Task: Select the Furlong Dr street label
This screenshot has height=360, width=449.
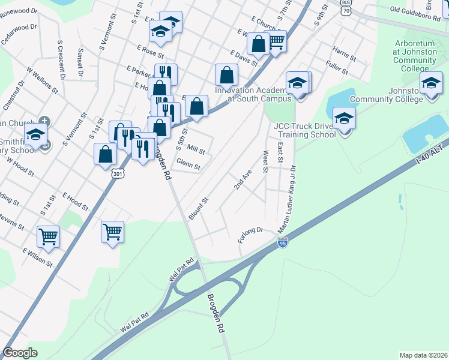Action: click(251, 233)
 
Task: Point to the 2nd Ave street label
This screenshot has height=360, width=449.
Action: click(243, 178)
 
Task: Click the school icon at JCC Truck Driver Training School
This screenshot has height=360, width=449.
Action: click(344, 118)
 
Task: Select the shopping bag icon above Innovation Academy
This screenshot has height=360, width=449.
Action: click(226, 75)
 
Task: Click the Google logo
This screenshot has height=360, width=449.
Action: click(20, 352)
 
